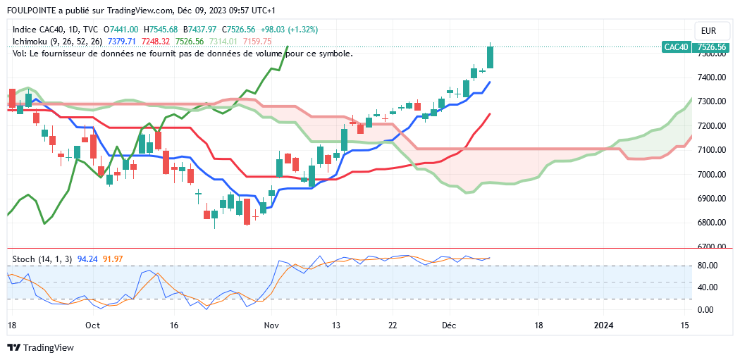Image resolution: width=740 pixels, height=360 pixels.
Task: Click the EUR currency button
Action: click(710, 31)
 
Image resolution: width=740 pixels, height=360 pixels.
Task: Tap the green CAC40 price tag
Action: click(676, 47)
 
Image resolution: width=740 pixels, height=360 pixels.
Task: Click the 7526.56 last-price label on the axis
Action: click(712, 47)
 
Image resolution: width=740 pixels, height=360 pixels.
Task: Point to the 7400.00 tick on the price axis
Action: click(712, 77)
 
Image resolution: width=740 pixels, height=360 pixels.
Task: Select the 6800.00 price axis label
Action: click(712, 223)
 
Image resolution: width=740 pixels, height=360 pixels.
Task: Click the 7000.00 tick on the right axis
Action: click(712, 174)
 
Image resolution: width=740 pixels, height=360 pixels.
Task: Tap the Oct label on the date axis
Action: click(92, 325)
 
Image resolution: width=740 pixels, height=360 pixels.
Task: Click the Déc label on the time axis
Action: click(450, 325)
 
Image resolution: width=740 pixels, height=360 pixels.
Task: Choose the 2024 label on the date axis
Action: click(604, 325)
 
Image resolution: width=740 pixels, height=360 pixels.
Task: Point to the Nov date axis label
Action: click(271, 325)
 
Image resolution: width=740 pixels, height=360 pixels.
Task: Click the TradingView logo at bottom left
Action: click(40, 348)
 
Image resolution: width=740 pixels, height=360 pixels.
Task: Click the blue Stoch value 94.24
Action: click(87, 259)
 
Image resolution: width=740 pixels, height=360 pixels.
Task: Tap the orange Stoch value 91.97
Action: click(113, 259)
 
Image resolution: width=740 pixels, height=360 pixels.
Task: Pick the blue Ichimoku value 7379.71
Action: click(122, 42)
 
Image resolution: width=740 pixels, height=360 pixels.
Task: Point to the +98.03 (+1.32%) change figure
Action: click(289, 30)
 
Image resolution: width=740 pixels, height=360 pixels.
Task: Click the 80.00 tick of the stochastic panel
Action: click(708, 266)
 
